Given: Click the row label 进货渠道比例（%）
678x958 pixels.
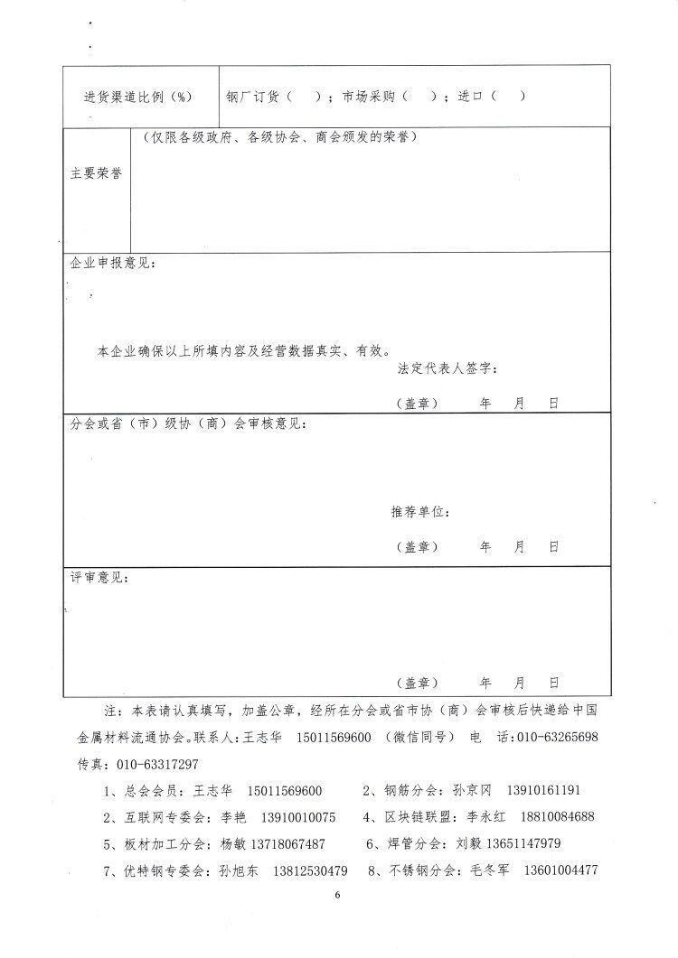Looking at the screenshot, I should coord(137,97).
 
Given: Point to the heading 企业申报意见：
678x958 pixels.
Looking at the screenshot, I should coord(113,263).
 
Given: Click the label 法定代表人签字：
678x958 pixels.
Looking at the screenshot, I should coord(447,367).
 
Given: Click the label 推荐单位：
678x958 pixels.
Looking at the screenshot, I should coord(420,512).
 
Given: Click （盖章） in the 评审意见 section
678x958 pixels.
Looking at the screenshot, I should coord(417,682).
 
